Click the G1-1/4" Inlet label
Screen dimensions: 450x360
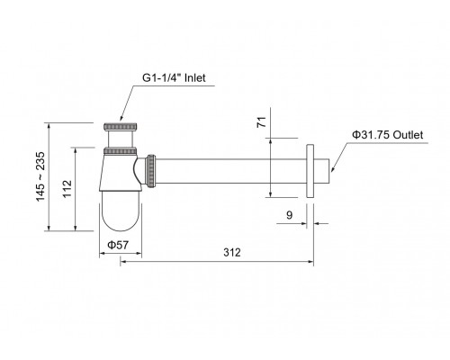[x=174, y=78]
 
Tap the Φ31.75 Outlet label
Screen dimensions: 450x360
[x=387, y=135]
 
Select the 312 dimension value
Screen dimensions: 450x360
[x=232, y=253]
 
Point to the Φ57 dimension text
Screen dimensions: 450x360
[x=118, y=245]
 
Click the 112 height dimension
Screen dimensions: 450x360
[x=67, y=189]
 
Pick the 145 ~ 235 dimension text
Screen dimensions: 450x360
[x=40, y=176]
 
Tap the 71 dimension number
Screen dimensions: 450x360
[x=262, y=122]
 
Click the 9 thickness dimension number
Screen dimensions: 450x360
[x=289, y=215]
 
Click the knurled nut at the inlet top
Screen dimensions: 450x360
[x=121, y=127]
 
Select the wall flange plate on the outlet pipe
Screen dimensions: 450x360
[x=310, y=171]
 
